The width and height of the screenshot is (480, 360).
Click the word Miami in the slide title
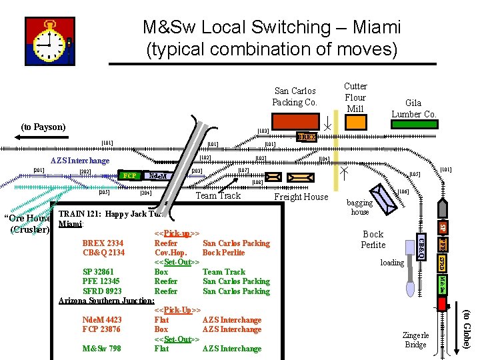coord(371,27)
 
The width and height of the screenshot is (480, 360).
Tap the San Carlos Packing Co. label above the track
coord(294,97)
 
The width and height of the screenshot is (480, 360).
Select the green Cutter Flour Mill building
coord(356,122)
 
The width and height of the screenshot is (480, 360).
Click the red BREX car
coord(307,137)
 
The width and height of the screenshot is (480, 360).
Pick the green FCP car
coord(131,176)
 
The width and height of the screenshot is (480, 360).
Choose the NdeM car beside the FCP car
coord(157,176)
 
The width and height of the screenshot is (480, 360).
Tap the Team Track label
coord(218,195)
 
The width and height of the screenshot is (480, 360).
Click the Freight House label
coord(301,197)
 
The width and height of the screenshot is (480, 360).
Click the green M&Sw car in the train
coord(441,285)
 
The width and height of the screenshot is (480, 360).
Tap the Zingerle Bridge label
coord(415,340)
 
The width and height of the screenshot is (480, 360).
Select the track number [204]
coord(145,193)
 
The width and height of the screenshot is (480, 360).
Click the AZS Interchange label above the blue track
coord(80,161)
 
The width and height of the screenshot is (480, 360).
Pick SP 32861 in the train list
coord(98,272)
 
